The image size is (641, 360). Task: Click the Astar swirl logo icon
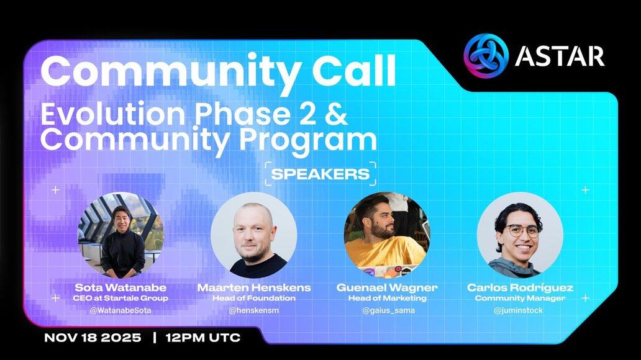(486, 56)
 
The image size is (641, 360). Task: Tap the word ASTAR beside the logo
(560, 56)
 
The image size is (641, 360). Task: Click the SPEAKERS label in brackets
(320, 174)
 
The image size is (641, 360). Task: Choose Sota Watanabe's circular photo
(121, 235)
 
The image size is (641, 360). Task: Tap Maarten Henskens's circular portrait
(254, 235)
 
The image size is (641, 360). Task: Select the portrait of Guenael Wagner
(387, 235)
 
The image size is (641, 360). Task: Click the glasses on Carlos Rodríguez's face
(523, 231)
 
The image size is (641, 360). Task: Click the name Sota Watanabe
(120, 287)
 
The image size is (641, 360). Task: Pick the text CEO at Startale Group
(120, 298)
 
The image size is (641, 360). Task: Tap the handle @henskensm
(254, 310)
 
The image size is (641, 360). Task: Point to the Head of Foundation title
(254, 298)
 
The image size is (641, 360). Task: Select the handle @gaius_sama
(388, 310)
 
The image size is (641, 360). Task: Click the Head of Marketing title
(387, 298)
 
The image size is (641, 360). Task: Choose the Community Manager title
(520, 298)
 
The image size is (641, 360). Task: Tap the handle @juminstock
(519, 310)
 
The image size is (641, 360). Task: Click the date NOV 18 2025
(93, 338)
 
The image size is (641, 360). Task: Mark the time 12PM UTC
(203, 338)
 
